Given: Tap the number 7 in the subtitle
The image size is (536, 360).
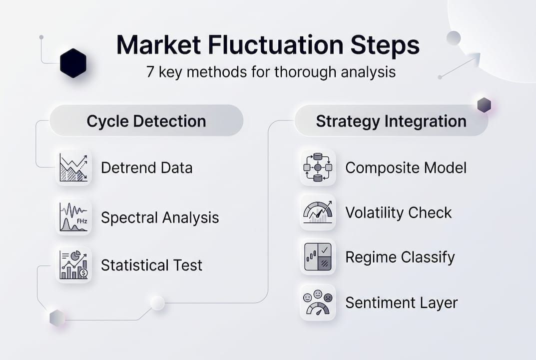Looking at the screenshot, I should coord(150,72).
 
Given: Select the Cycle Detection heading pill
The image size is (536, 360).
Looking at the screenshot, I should coord(146,121).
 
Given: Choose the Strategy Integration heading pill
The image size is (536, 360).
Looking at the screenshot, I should coord(391,121).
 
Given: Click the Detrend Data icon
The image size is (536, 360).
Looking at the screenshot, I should coord(73,167).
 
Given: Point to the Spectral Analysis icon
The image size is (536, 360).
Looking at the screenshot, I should coord(73,217).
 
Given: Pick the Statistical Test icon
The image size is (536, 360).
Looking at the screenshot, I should coord(73,265).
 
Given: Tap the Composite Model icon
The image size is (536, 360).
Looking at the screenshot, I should coord(318,167).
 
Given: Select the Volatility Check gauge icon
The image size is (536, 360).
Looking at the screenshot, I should coord(318,212).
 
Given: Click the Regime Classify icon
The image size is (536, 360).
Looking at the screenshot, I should coord(318,257).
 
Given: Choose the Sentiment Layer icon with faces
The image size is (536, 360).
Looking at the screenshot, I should coord(318,302).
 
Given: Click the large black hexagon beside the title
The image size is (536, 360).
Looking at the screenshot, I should coord(73,63).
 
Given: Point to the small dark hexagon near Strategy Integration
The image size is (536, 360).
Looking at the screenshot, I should coord(484,105).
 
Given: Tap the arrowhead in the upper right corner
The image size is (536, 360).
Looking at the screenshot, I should coord(475,59).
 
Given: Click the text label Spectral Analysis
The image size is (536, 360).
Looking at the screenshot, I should coord(160,218).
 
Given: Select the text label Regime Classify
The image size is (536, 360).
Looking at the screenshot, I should coord(400,257).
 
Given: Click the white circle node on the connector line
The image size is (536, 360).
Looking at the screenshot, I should coord(157,302).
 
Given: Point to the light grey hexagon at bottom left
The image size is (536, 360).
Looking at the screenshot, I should coord(57,318).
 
